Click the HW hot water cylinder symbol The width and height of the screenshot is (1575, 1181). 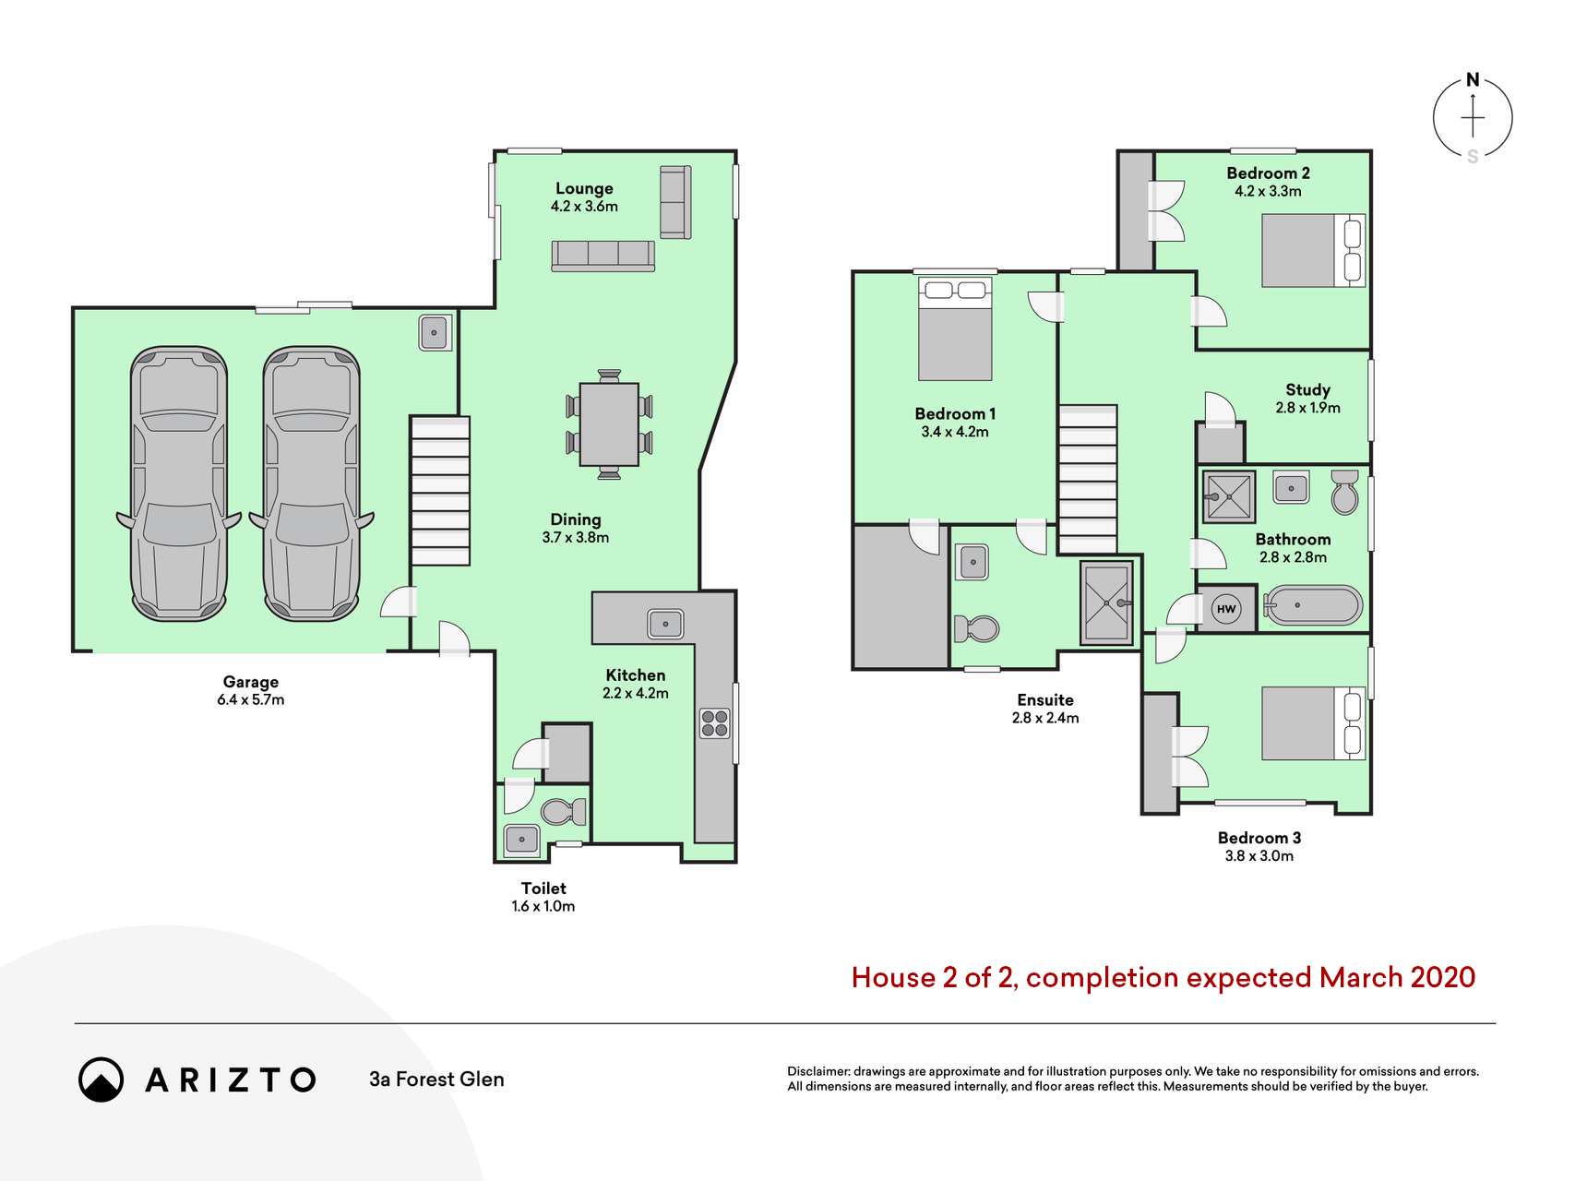point(1225,609)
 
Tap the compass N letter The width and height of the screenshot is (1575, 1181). point(1473,80)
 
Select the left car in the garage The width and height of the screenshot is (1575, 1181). point(179,483)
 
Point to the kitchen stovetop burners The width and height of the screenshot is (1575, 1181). point(714,722)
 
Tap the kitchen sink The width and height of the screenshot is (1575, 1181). point(664,623)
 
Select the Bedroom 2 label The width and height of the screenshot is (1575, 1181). point(1268,173)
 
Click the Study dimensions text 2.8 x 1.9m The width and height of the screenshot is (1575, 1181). point(1307,407)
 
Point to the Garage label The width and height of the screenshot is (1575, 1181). point(250,682)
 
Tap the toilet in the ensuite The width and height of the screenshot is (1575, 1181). point(976,629)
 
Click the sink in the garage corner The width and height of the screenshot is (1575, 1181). point(434,332)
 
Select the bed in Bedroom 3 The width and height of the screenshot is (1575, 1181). point(1313,723)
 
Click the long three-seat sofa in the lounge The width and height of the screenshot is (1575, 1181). point(603,256)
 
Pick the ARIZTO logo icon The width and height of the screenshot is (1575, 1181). point(101,1080)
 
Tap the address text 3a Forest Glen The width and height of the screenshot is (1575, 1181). point(436,1079)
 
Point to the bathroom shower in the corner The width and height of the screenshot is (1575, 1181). point(1229,497)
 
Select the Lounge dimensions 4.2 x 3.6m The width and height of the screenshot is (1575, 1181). point(584,206)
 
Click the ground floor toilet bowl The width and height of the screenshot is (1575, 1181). point(564,811)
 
